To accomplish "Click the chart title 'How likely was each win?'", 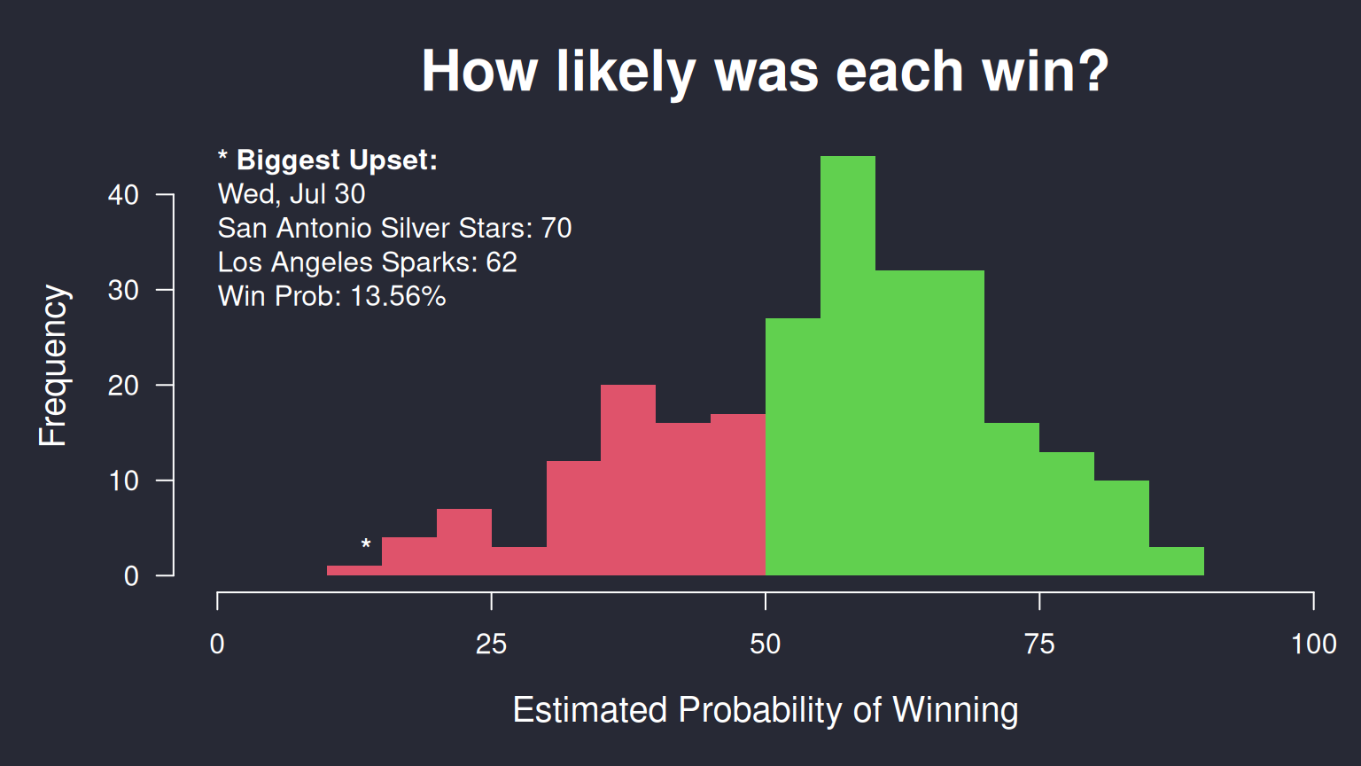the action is [x=765, y=72].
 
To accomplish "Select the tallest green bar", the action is [x=848, y=365].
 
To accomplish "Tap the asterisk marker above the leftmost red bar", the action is [x=366, y=543].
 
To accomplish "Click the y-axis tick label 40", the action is [x=123, y=195].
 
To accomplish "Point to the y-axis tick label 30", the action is [x=123, y=291].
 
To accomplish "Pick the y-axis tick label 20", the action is [x=123, y=386].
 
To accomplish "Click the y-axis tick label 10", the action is [x=123, y=481].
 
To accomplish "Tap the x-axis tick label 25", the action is [x=491, y=644].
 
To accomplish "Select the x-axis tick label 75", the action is [x=1039, y=644].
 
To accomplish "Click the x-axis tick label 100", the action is [x=1314, y=644].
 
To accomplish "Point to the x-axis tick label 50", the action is [x=765, y=644].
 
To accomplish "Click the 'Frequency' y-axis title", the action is [x=53, y=365].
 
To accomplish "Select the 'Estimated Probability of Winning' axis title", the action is [x=766, y=710].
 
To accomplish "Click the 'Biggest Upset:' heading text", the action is [x=338, y=160].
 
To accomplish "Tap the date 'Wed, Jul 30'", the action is [x=292, y=194].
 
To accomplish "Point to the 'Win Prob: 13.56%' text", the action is [x=331, y=296].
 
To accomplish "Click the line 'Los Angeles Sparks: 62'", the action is [x=368, y=262].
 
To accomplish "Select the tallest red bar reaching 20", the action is [x=628, y=481].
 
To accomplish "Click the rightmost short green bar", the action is [x=1177, y=561].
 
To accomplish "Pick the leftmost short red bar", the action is [x=354, y=570].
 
